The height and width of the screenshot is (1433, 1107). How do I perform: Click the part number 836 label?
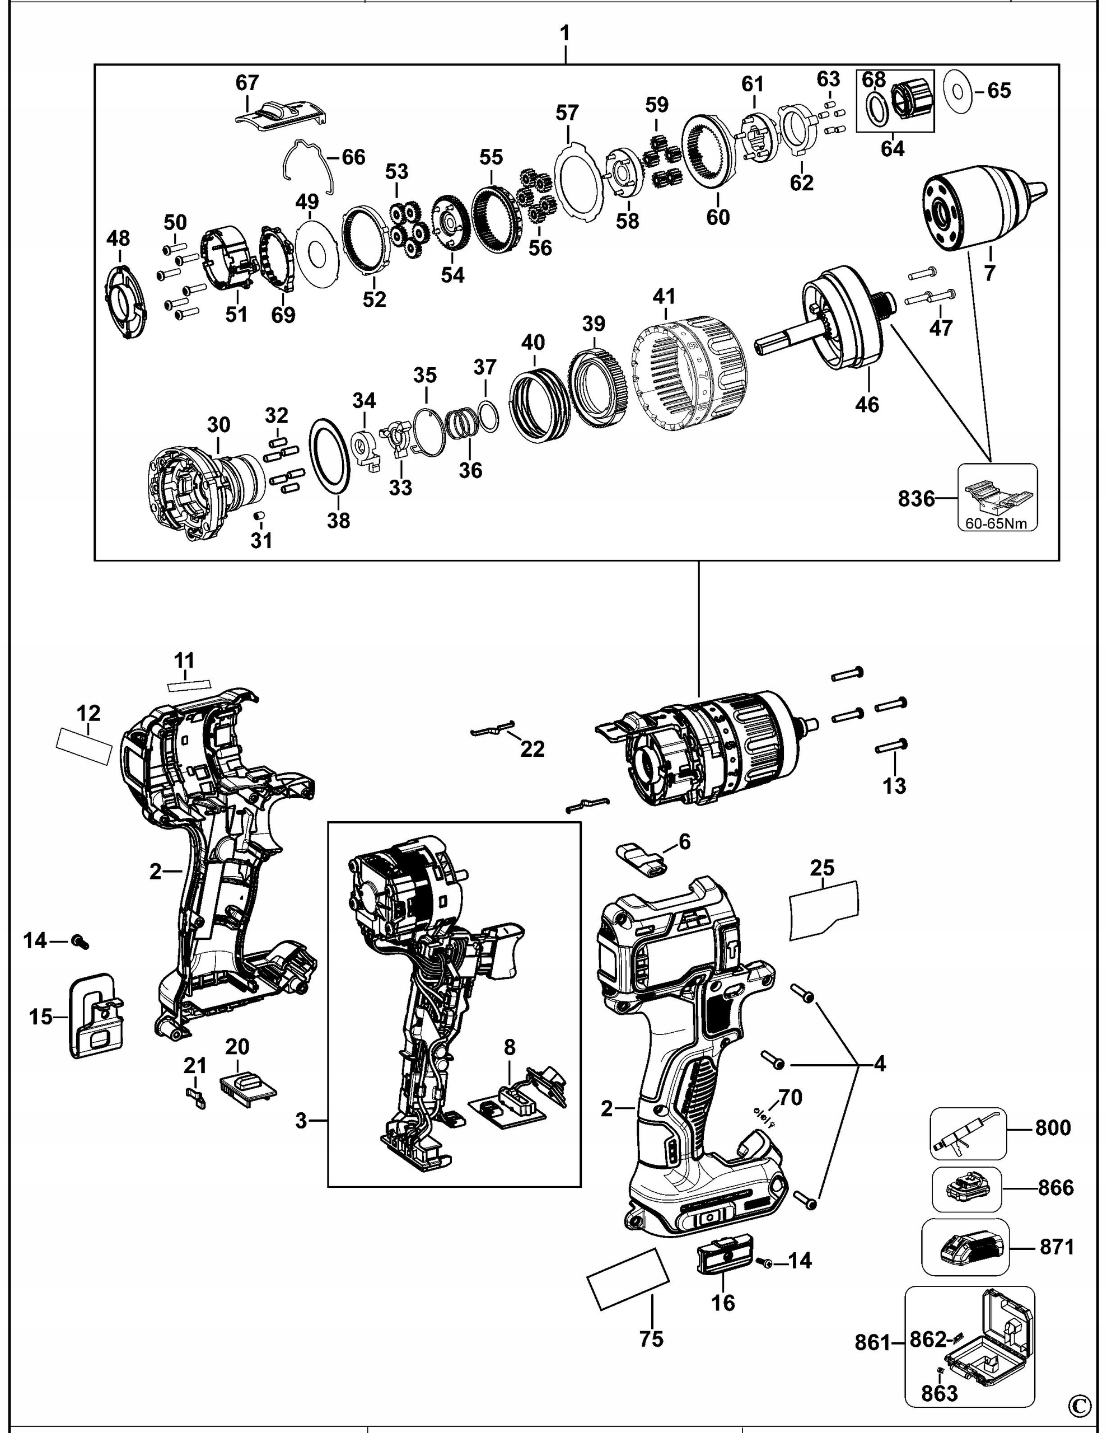(916, 499)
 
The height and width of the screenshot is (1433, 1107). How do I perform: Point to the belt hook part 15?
(96, 1016)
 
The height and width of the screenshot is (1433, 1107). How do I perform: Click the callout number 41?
(664, 296)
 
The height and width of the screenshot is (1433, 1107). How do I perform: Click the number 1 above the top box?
(565, 34)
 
